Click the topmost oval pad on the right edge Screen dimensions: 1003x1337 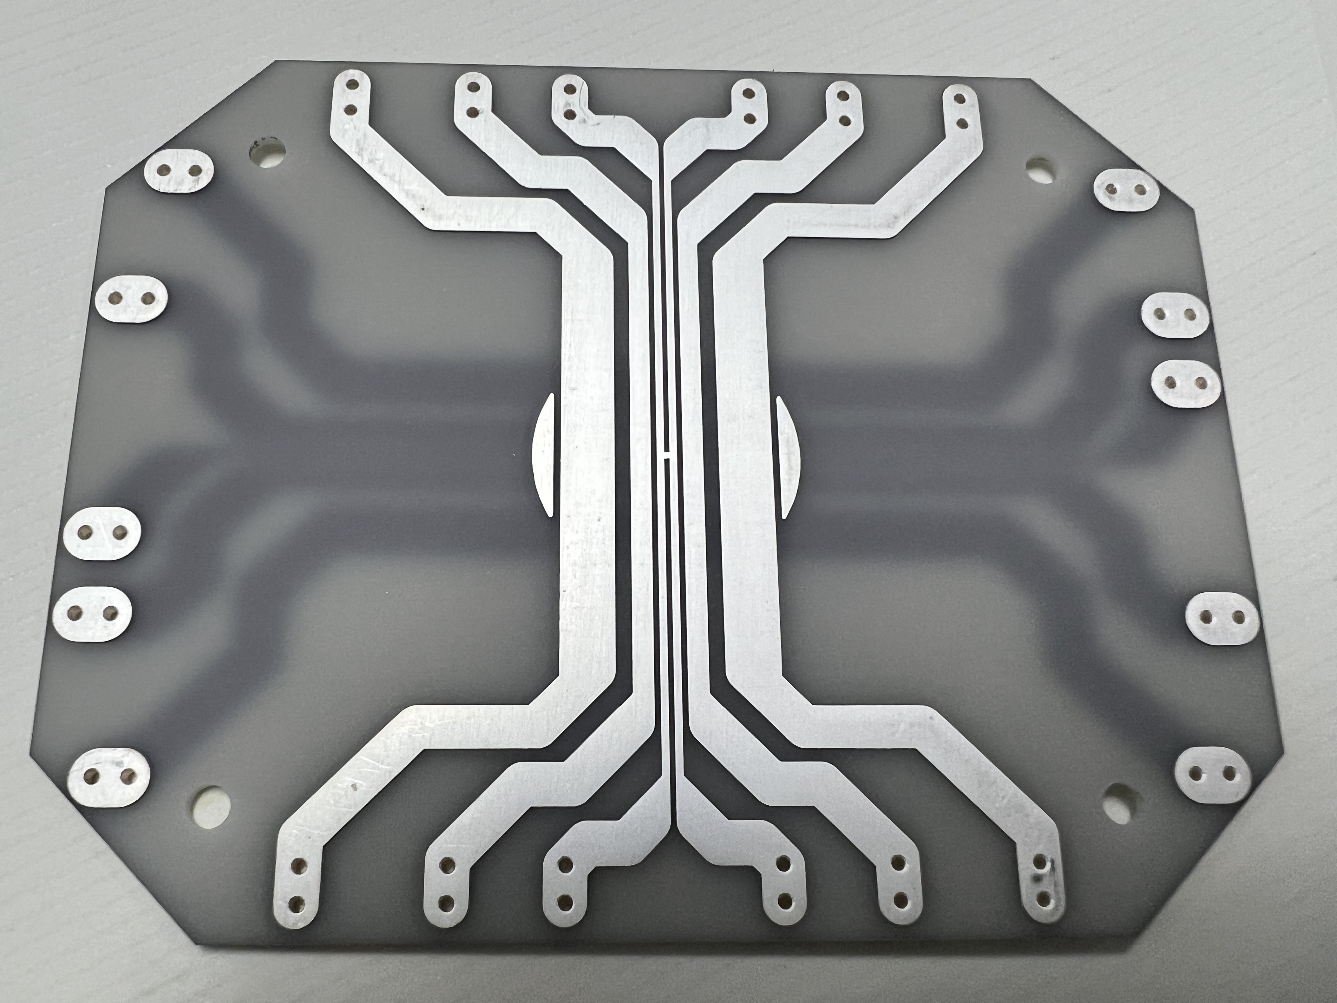(x=1126, y=190)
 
